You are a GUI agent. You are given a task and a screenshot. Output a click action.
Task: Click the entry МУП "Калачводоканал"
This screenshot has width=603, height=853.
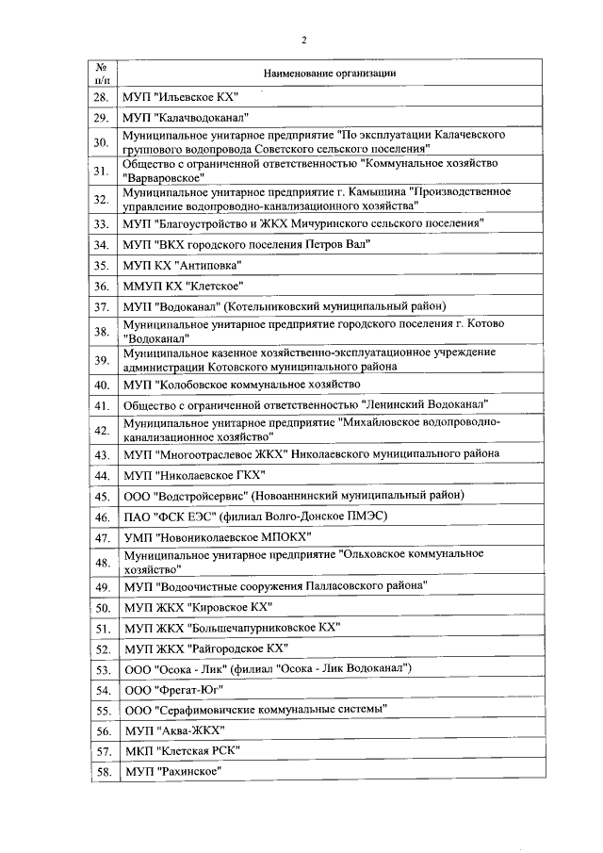185,118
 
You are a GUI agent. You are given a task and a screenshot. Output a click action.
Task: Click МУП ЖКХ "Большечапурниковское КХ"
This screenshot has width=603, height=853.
231,628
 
